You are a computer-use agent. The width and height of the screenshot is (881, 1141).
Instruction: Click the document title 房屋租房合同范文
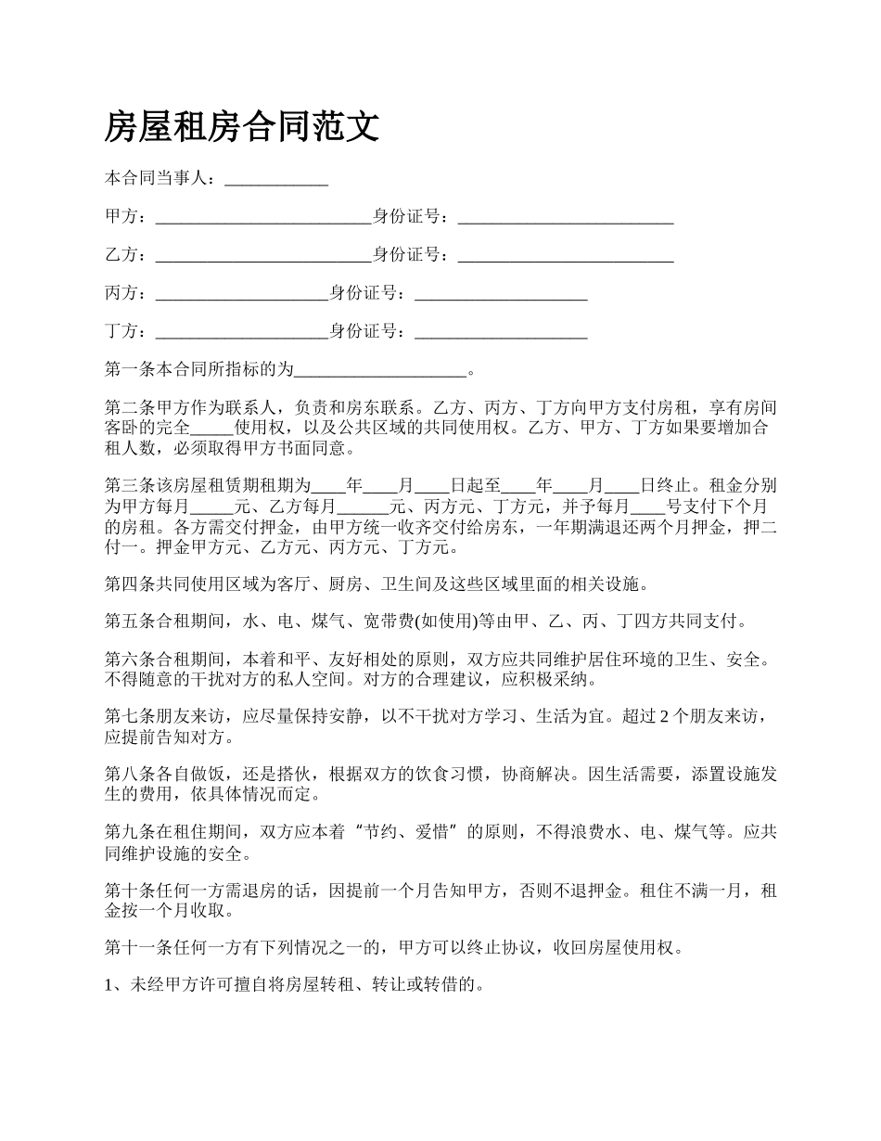[x=242, y=126]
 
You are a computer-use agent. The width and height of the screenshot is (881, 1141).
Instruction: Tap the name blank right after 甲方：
[x=263, y=217]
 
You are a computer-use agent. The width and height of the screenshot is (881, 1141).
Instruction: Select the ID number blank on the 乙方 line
[x=566, y=255]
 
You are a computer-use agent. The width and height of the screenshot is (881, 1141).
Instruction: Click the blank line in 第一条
[x=380, y=370]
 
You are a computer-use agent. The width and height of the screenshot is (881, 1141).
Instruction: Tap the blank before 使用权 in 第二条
[x=211, y=428]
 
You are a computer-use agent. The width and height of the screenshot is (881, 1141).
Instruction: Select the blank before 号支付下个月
[x=647, y=506]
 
